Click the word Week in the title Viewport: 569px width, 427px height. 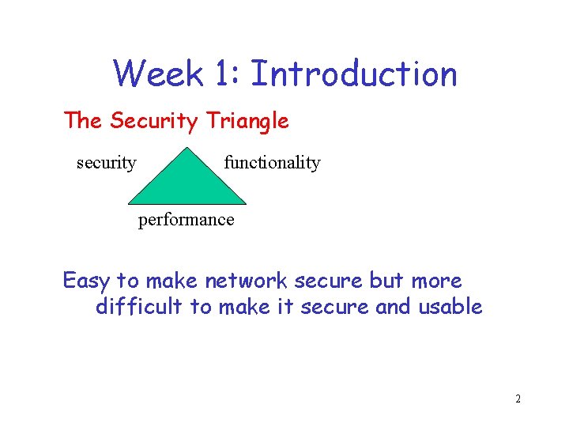[158, 74]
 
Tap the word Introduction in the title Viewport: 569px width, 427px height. [353, 74]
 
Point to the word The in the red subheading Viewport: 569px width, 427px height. [84, 121]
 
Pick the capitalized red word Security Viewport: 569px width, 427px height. [153, 121]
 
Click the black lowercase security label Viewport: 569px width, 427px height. [106, 163]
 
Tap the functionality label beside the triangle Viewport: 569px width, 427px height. [272, 163]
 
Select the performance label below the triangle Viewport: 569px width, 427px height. [186, 220]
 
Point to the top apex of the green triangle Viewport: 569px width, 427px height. [187, 149]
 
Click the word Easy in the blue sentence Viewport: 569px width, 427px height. [86, 281]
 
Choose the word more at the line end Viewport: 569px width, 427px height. [437, 281]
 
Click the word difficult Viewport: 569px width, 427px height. [139, 307]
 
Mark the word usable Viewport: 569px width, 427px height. [450, 307]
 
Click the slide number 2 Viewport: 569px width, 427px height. [518, 399]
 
